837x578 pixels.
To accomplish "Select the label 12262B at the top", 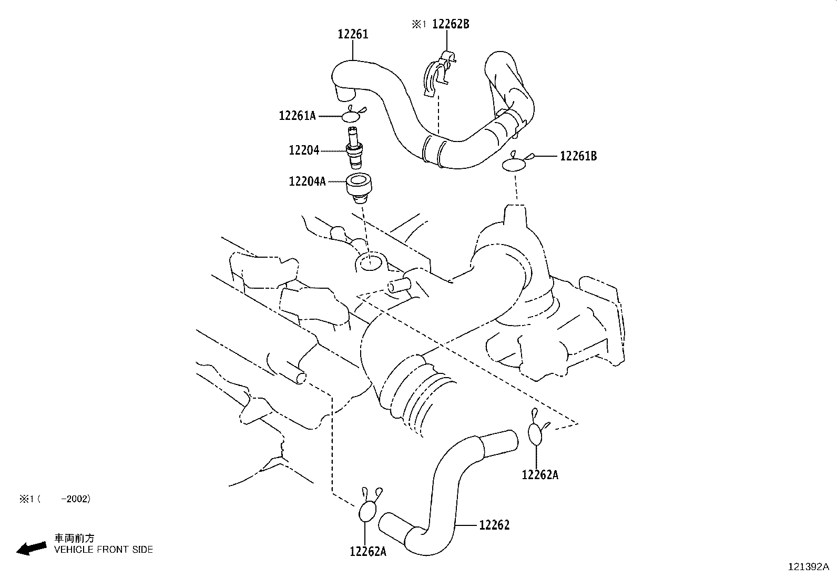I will click(x=451, y=24).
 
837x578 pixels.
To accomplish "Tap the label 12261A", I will click(x=297, y=115).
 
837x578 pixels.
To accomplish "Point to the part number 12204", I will click(x=303, y=150).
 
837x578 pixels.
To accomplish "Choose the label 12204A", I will click(x=307, y=181).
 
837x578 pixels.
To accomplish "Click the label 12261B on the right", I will click(x=578, y=156).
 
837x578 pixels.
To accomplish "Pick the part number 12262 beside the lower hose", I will click(x=494, y=525).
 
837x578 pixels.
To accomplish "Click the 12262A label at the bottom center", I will click(x=368, y=551).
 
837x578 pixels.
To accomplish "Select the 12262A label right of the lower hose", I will click(x=539, y=475).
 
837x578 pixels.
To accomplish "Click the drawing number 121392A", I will click(x=808, y=567).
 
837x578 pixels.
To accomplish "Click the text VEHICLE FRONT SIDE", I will click(x=104, y=550).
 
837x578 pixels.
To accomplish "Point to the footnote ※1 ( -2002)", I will click(x=55, y=499).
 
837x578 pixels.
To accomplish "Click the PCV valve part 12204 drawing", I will click(x=353, y=148).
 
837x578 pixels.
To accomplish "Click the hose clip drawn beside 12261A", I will click(x=354, y=115).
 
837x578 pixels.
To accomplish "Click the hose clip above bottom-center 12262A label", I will click(x=368, y=509).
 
